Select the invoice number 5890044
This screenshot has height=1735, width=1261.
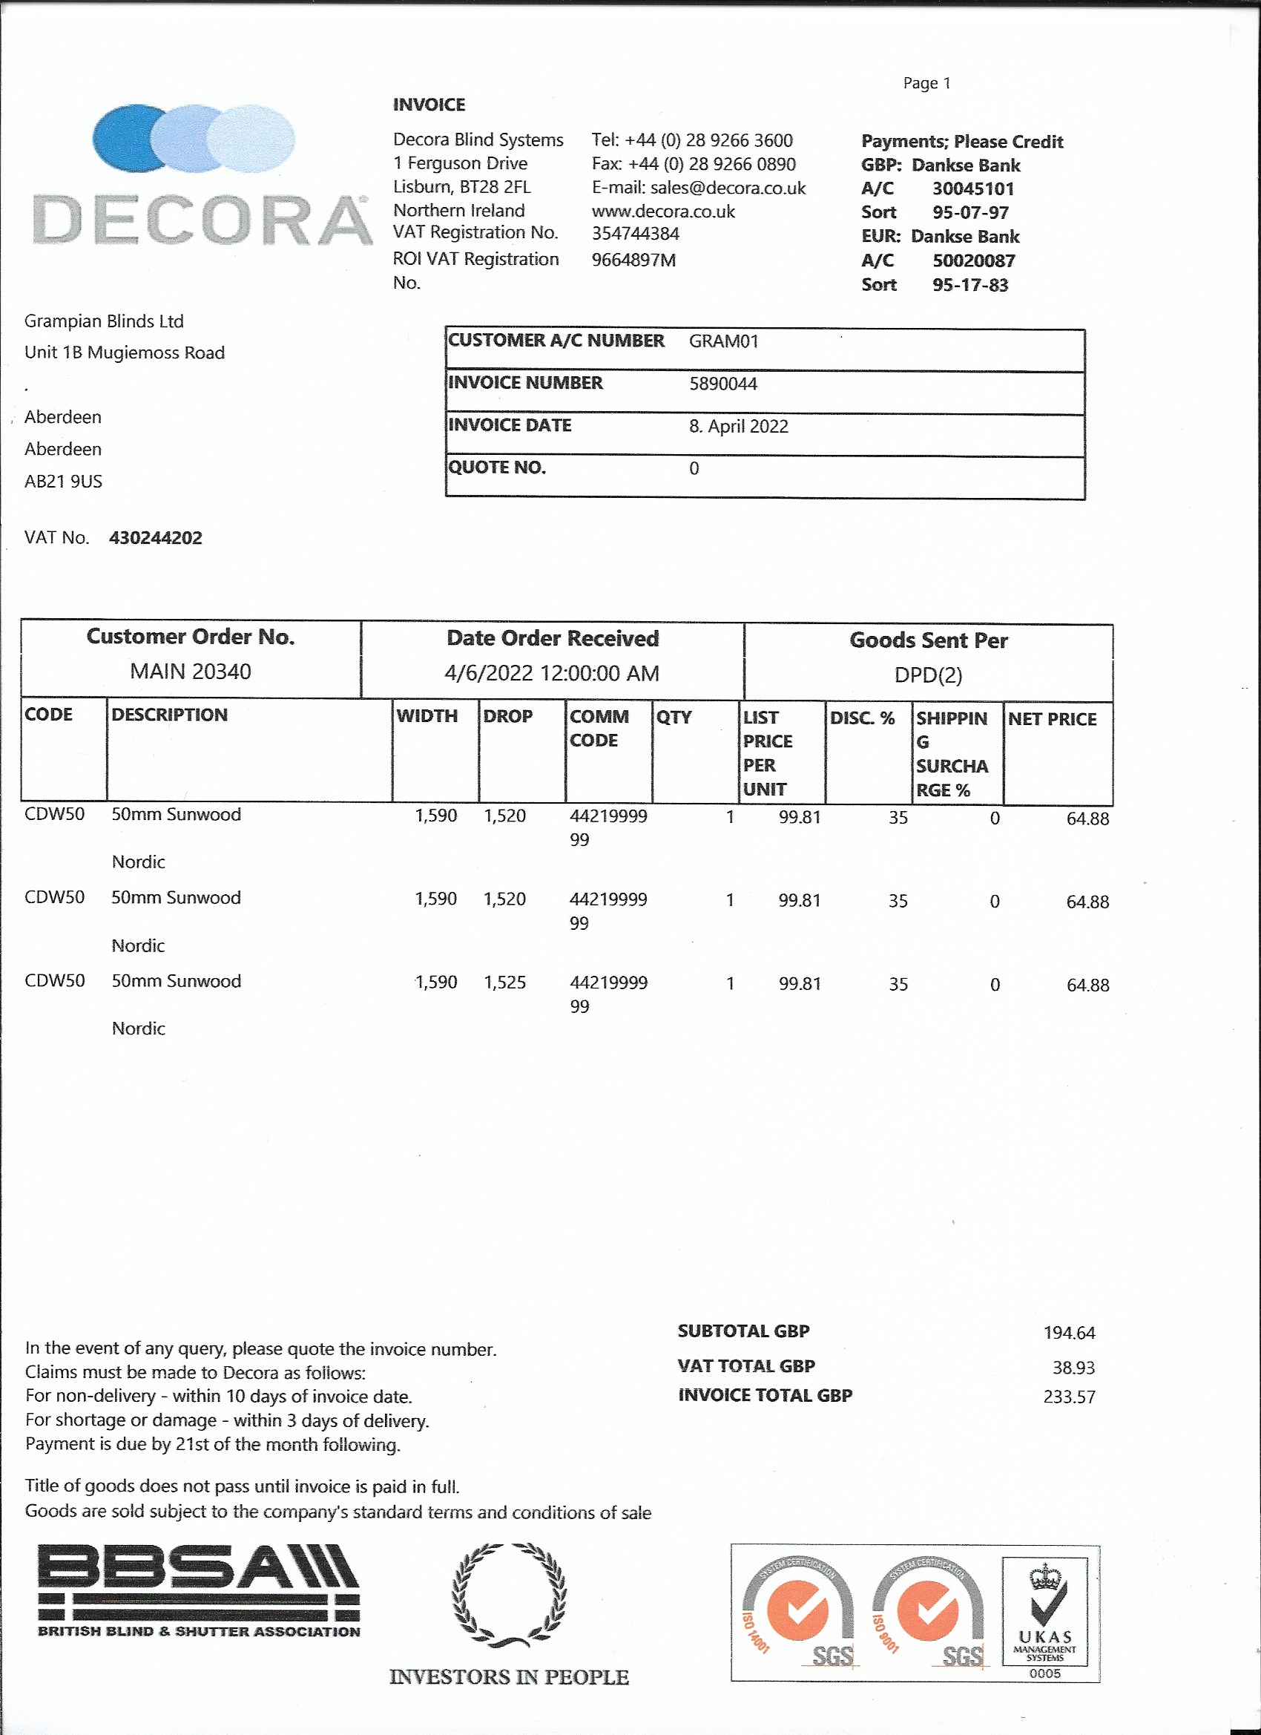pyautogui.click(x=722, y=383)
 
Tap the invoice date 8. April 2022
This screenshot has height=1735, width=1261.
pyautogui.click(x=738, y=426)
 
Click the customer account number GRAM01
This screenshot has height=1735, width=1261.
pyautogui.click(x=723, y=341)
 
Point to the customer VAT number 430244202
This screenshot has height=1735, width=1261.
pyautogui.click(x=155, y=538)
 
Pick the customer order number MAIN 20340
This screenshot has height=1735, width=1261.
pyautogui.click(x=191, y=672)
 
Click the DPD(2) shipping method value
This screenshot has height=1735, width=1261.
pyautogui.click(x=928, y=675)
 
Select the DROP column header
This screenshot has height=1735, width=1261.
pyautogui.click(x=507, y=716)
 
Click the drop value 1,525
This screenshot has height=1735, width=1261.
pyautogui.click(x=504, y=983)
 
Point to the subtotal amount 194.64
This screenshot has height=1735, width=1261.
pyautogui.click(x=1069, y=1333)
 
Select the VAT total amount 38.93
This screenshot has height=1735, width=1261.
pyautogui.click(x=1073, y=1367)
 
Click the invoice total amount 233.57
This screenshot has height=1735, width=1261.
pyautogui.click(x=1069, y=1397)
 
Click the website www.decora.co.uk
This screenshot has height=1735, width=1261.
pyautogui.click(x=663, y=211)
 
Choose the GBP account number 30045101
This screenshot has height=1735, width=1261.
pyautogui.click(x=972, y=189)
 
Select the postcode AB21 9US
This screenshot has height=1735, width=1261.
pyautogui.click(x=64, y=481)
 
